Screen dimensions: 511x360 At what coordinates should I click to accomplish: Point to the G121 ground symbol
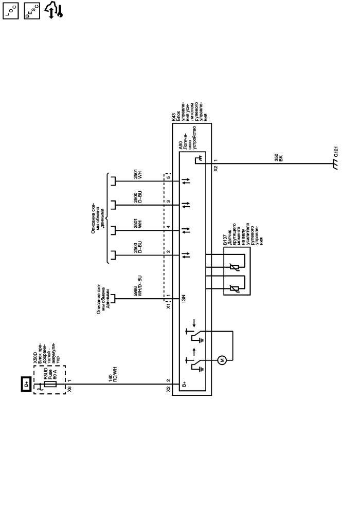pos(336,166)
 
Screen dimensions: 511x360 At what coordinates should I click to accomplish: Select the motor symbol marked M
pos(222,359)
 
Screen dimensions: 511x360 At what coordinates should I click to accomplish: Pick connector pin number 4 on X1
pos(168,227)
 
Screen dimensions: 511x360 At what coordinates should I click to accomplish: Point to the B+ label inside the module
pos(184,384)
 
